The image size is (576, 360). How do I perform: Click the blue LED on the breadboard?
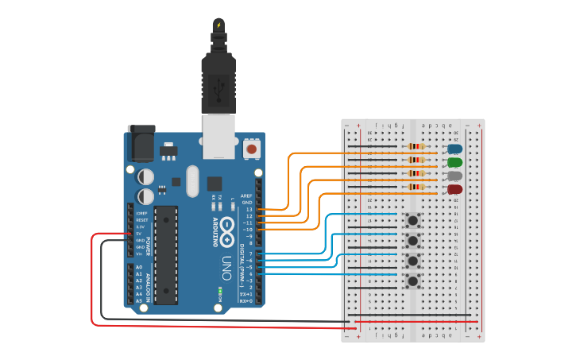coord(455,149)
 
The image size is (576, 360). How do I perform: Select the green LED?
coord(455,162)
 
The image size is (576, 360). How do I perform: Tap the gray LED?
coord(455,176)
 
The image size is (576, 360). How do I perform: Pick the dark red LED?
coord(455,190)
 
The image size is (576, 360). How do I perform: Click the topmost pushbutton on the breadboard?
coord(413,220)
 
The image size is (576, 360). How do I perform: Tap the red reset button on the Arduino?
coord(252,149)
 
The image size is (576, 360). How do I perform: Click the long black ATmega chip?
coord(166,254)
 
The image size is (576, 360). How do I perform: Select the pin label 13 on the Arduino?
coord(249,209)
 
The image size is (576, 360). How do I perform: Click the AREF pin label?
coord(246,195)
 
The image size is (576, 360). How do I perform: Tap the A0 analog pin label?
coord(139,267)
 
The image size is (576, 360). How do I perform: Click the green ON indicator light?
coord(219,293)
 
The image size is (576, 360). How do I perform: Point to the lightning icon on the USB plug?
coord(218,25)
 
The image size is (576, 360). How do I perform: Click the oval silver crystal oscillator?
coord(192,181)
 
